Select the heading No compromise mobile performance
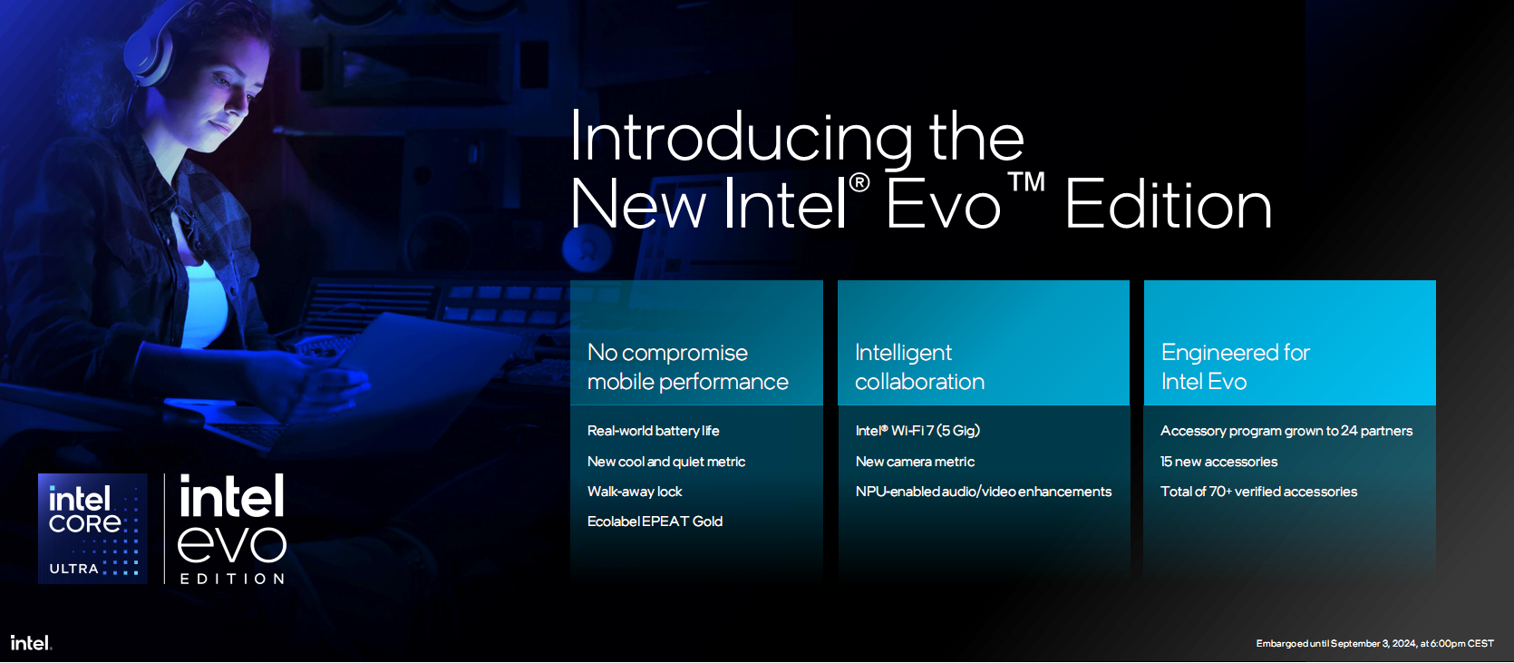[687, 367]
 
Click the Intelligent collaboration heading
[919, 367]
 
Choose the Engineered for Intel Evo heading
[1236, 367]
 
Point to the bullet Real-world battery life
[653, 431]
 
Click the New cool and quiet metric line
[665, 462]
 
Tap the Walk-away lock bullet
[635, 492]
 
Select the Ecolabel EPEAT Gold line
[655, 522]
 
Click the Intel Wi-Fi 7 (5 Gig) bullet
[917, 431]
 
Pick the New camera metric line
[915, 462]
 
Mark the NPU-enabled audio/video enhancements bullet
[984, 492]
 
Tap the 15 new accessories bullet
[1218, 462]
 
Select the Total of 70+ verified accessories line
[1258, 492]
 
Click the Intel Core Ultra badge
[92, 528]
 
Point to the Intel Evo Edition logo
[232, 528]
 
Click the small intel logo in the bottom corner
[31, 642]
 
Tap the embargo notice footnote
[1374, 643]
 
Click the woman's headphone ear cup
[150, 55]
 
